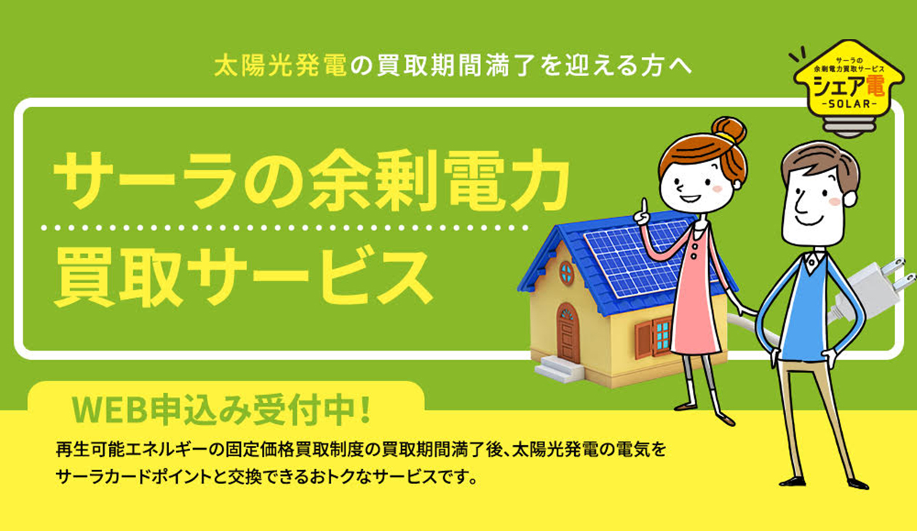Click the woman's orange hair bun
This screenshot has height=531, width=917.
(x=729, y=129)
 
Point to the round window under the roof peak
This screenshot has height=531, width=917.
(x=566, y=273)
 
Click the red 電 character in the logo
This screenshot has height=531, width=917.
(x=873, y=85)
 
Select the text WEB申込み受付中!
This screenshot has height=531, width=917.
(x=221, y=410)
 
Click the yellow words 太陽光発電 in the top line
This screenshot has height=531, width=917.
(x=280, y=66)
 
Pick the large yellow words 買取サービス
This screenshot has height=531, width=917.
(x=243, y=277)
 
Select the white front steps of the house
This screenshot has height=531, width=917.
(x=559, y=368)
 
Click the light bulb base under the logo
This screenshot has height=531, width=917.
(x=849, y=126)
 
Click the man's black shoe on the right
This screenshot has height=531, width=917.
(x=857, y=484)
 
